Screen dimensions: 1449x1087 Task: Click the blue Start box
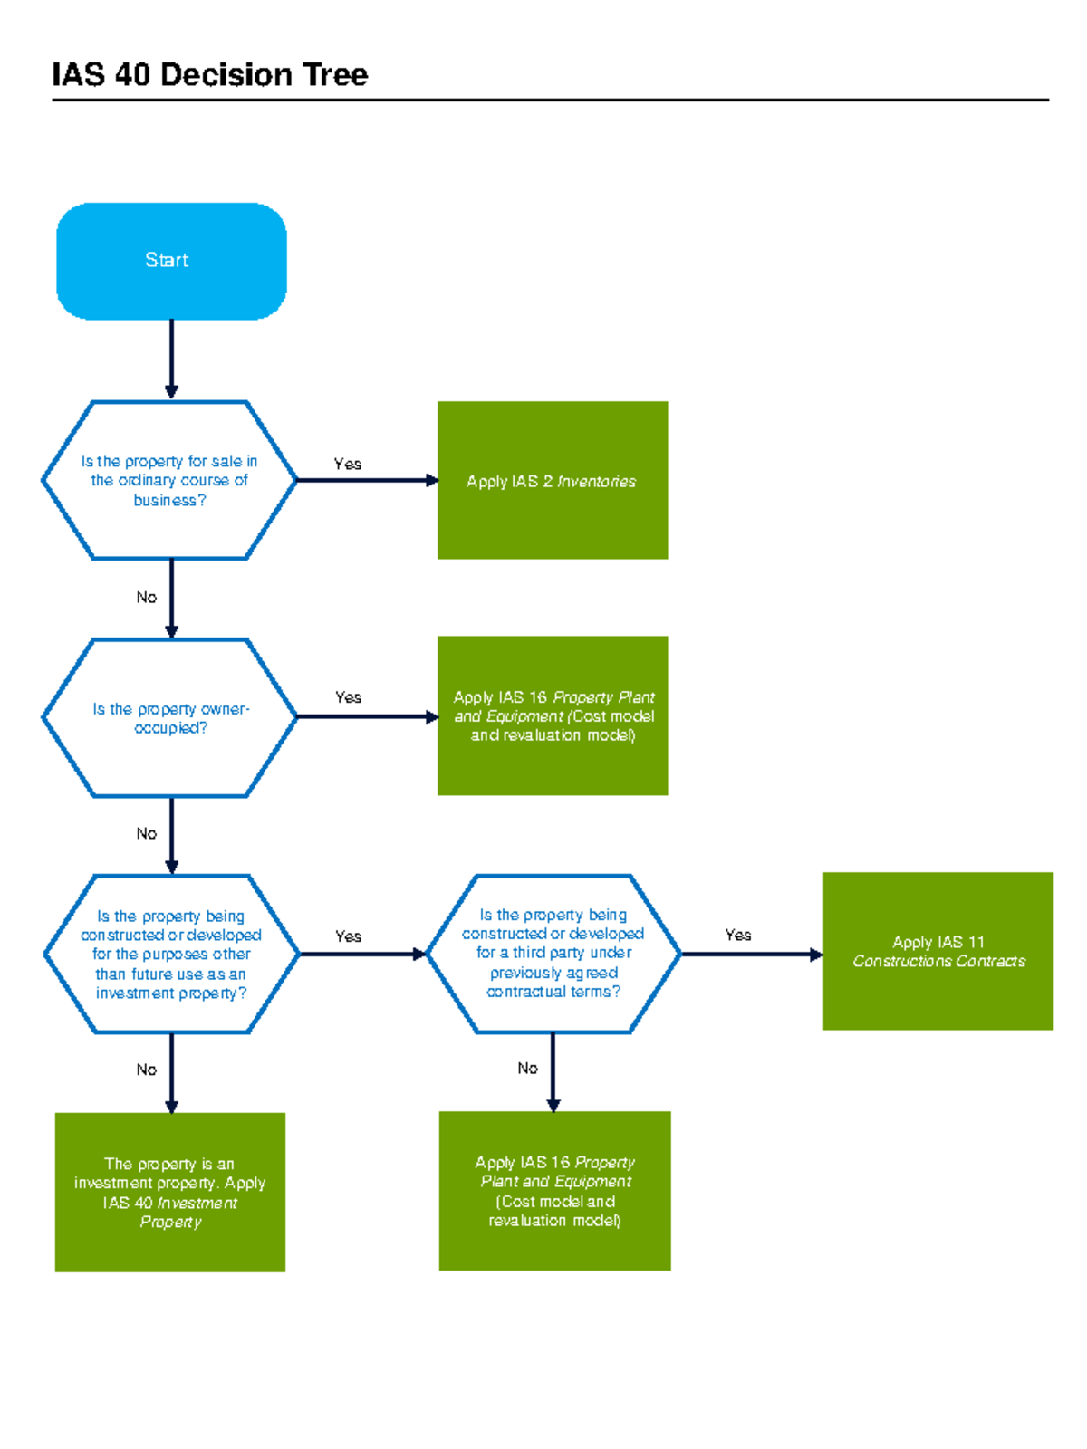[171, 261]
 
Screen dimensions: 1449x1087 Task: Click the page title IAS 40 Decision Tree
[209, 74]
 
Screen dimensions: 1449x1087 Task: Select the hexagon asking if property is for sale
[169, 480]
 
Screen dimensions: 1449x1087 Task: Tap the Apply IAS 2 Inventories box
[553, 480]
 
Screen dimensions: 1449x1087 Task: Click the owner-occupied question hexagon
[169, 717]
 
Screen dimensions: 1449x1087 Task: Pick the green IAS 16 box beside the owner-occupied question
[553, 715]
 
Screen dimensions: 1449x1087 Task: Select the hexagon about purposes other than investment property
[171, 954]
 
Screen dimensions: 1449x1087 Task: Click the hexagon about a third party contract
[553, 953]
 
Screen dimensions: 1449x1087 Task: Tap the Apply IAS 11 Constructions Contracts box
[938, 951]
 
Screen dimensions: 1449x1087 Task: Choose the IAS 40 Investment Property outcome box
[170, 1192]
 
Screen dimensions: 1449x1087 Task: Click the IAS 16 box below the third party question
[554, 1191]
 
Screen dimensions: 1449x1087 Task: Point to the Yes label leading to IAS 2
[347, 464]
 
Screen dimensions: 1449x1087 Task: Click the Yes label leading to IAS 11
[737, 935]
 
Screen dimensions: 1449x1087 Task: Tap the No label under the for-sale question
[146, 597]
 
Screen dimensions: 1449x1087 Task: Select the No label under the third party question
[527, 1069]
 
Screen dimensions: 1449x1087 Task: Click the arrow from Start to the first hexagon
[171, 359]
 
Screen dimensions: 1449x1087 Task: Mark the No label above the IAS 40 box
[146, 1070]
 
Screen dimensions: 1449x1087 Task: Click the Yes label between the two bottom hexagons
[348, 936]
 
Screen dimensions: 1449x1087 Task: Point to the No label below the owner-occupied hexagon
[146, 833]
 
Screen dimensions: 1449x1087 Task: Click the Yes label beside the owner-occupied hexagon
[348, 697]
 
